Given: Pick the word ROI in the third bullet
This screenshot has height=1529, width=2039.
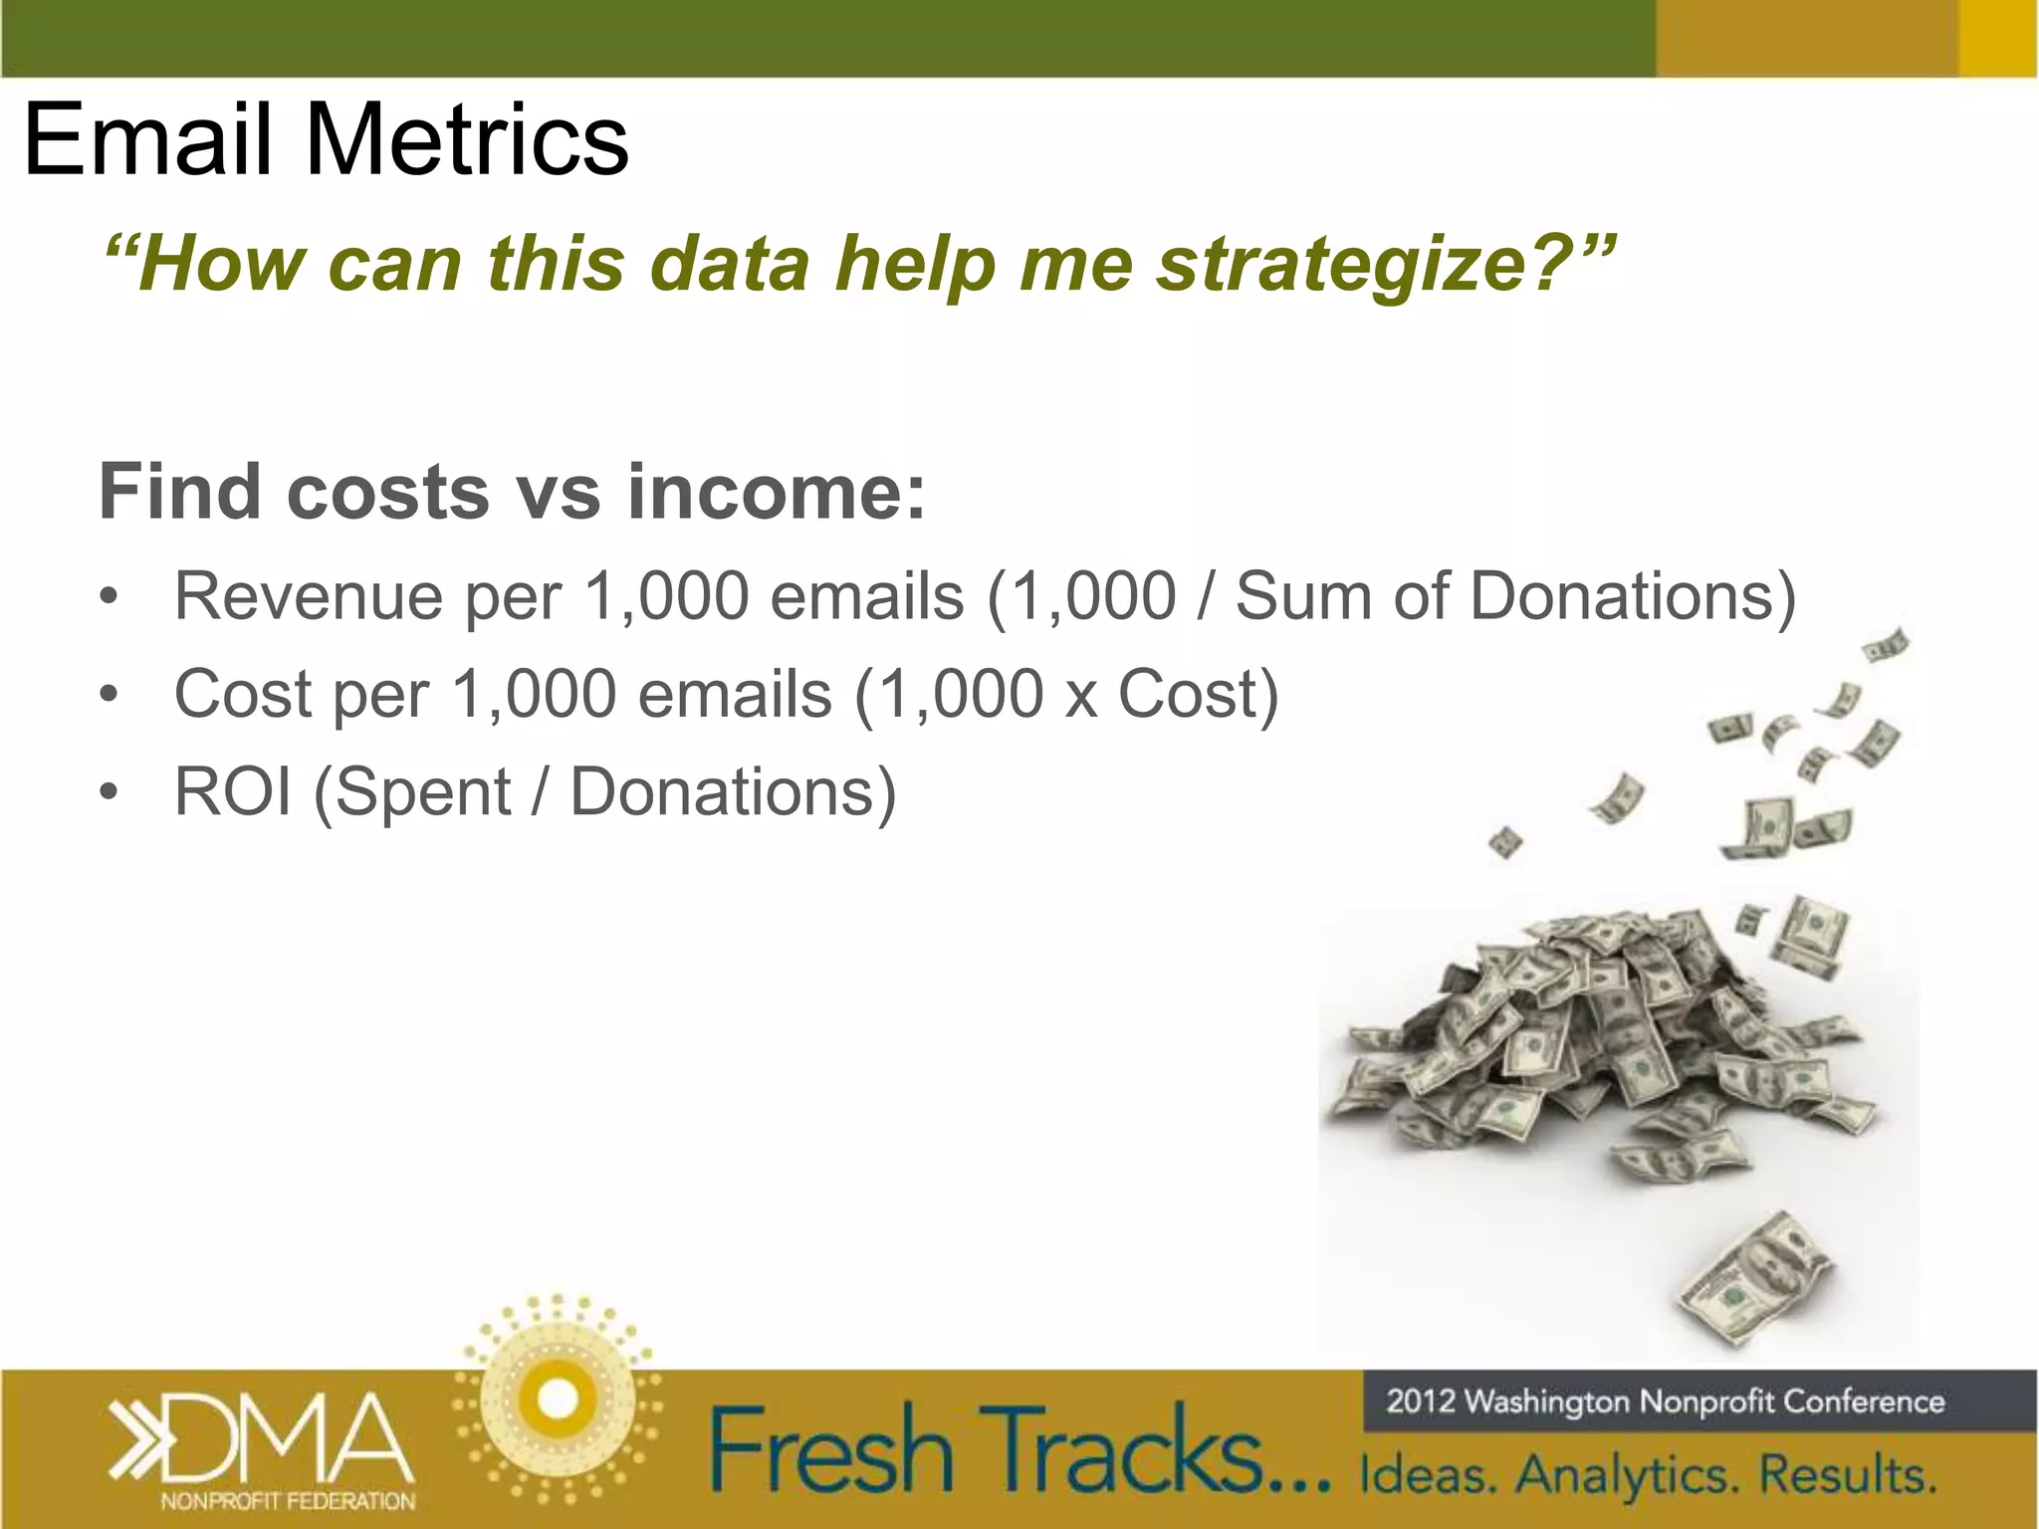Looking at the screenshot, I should tap(232, 792).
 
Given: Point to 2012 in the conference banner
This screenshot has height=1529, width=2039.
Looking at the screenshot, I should tap(1422, 1402).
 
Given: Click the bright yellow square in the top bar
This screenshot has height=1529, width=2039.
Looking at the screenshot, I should tap(1997, 38).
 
